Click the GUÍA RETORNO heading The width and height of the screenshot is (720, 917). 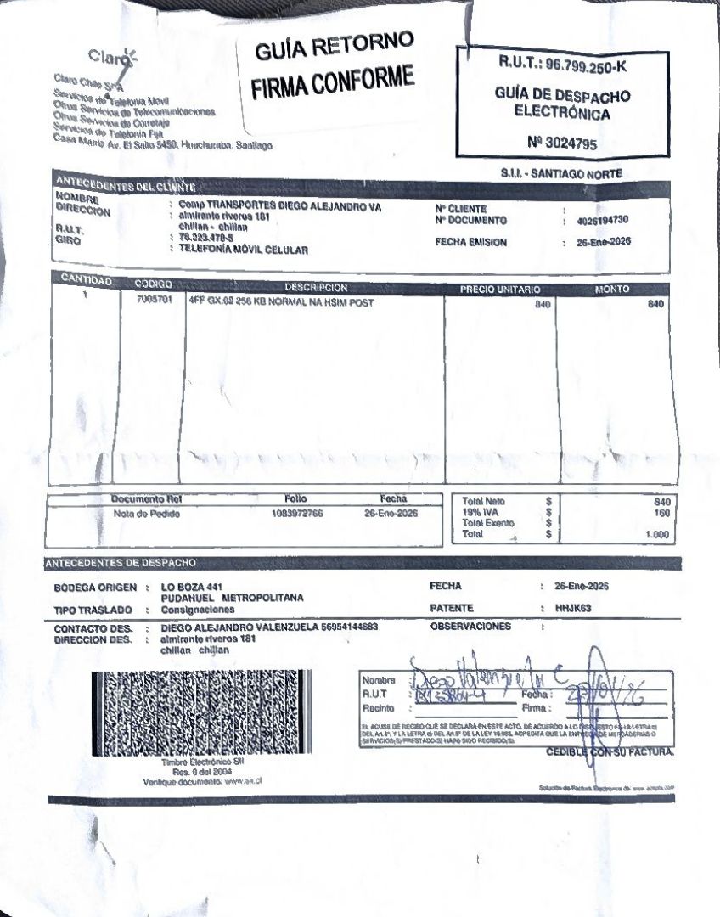334,48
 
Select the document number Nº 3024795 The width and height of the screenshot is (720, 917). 561,143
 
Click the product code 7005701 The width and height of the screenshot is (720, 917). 154,301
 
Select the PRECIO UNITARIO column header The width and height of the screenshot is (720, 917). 500,290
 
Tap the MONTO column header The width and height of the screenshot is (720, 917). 612,290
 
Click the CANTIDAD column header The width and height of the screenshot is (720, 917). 87,280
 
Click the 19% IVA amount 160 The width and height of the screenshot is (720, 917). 662,513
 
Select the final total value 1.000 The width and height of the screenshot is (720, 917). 657,535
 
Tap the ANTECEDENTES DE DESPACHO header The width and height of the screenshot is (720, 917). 121,563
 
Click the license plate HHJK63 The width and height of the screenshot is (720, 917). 571,608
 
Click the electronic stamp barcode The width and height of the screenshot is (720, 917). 200,713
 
